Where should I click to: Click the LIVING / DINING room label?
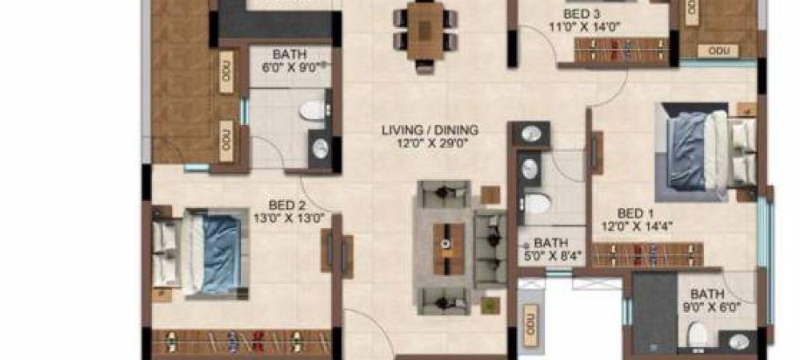tap(430, 130)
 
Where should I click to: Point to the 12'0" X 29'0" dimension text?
tap(430, 143)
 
